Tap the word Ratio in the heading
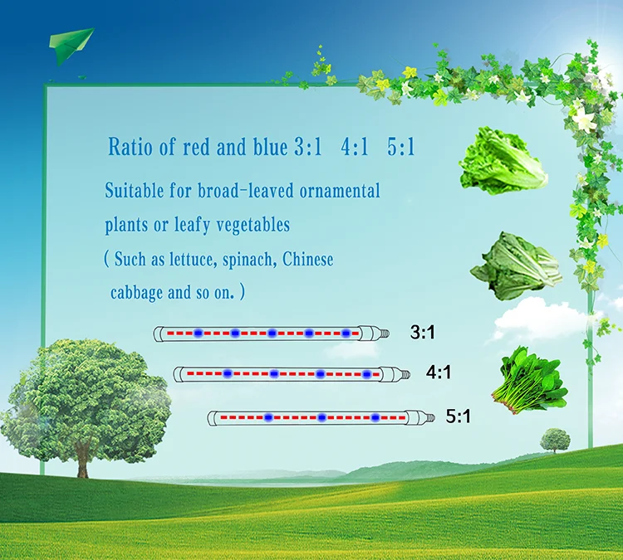130,147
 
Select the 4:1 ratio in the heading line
355,147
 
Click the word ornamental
340,191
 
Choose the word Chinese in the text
308,259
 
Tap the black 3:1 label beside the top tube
422,332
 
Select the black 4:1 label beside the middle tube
439,373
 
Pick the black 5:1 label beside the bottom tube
458,416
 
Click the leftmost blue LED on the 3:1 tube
198,333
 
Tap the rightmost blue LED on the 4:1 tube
366,374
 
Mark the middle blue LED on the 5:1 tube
321,417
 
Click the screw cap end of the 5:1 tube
429,417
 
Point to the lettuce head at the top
503,161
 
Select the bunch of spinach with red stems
530,380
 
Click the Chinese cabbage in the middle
516,266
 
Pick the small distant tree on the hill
555,441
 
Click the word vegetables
253,225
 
